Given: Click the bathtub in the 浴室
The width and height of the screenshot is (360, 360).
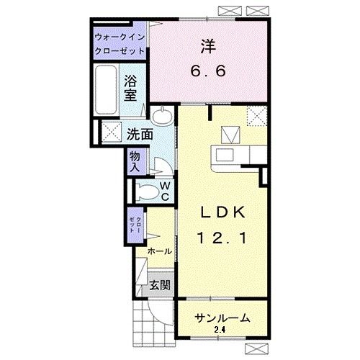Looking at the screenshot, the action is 106,90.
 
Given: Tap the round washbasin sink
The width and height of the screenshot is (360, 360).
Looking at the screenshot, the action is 162,116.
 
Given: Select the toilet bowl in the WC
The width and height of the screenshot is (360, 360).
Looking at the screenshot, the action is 147,192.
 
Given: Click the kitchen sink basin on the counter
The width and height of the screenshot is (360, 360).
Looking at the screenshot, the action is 225,155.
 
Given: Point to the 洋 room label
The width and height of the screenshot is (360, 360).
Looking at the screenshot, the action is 208,46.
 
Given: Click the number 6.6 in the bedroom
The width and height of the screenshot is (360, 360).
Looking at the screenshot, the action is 208,71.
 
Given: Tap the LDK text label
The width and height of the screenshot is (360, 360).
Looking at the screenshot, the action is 222,212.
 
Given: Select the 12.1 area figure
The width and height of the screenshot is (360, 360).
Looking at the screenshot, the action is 222,238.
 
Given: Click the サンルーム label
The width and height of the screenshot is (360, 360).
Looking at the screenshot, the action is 222,318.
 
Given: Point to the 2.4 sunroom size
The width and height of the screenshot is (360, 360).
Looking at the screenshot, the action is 220,330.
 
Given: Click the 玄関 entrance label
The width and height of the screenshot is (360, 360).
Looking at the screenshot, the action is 160,285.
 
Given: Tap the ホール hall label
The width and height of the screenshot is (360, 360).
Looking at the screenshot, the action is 160,251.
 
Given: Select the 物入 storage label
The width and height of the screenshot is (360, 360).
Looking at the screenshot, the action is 135,162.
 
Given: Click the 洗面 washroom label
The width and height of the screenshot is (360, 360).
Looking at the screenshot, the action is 140,134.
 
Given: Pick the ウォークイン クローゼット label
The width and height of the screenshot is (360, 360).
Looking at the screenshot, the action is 120,44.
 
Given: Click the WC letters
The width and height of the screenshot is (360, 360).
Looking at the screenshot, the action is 166,191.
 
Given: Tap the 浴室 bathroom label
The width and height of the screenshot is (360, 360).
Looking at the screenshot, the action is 130,88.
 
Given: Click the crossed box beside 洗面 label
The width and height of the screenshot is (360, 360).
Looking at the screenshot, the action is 112,132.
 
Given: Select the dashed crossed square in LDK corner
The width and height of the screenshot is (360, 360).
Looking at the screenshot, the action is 257,116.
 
